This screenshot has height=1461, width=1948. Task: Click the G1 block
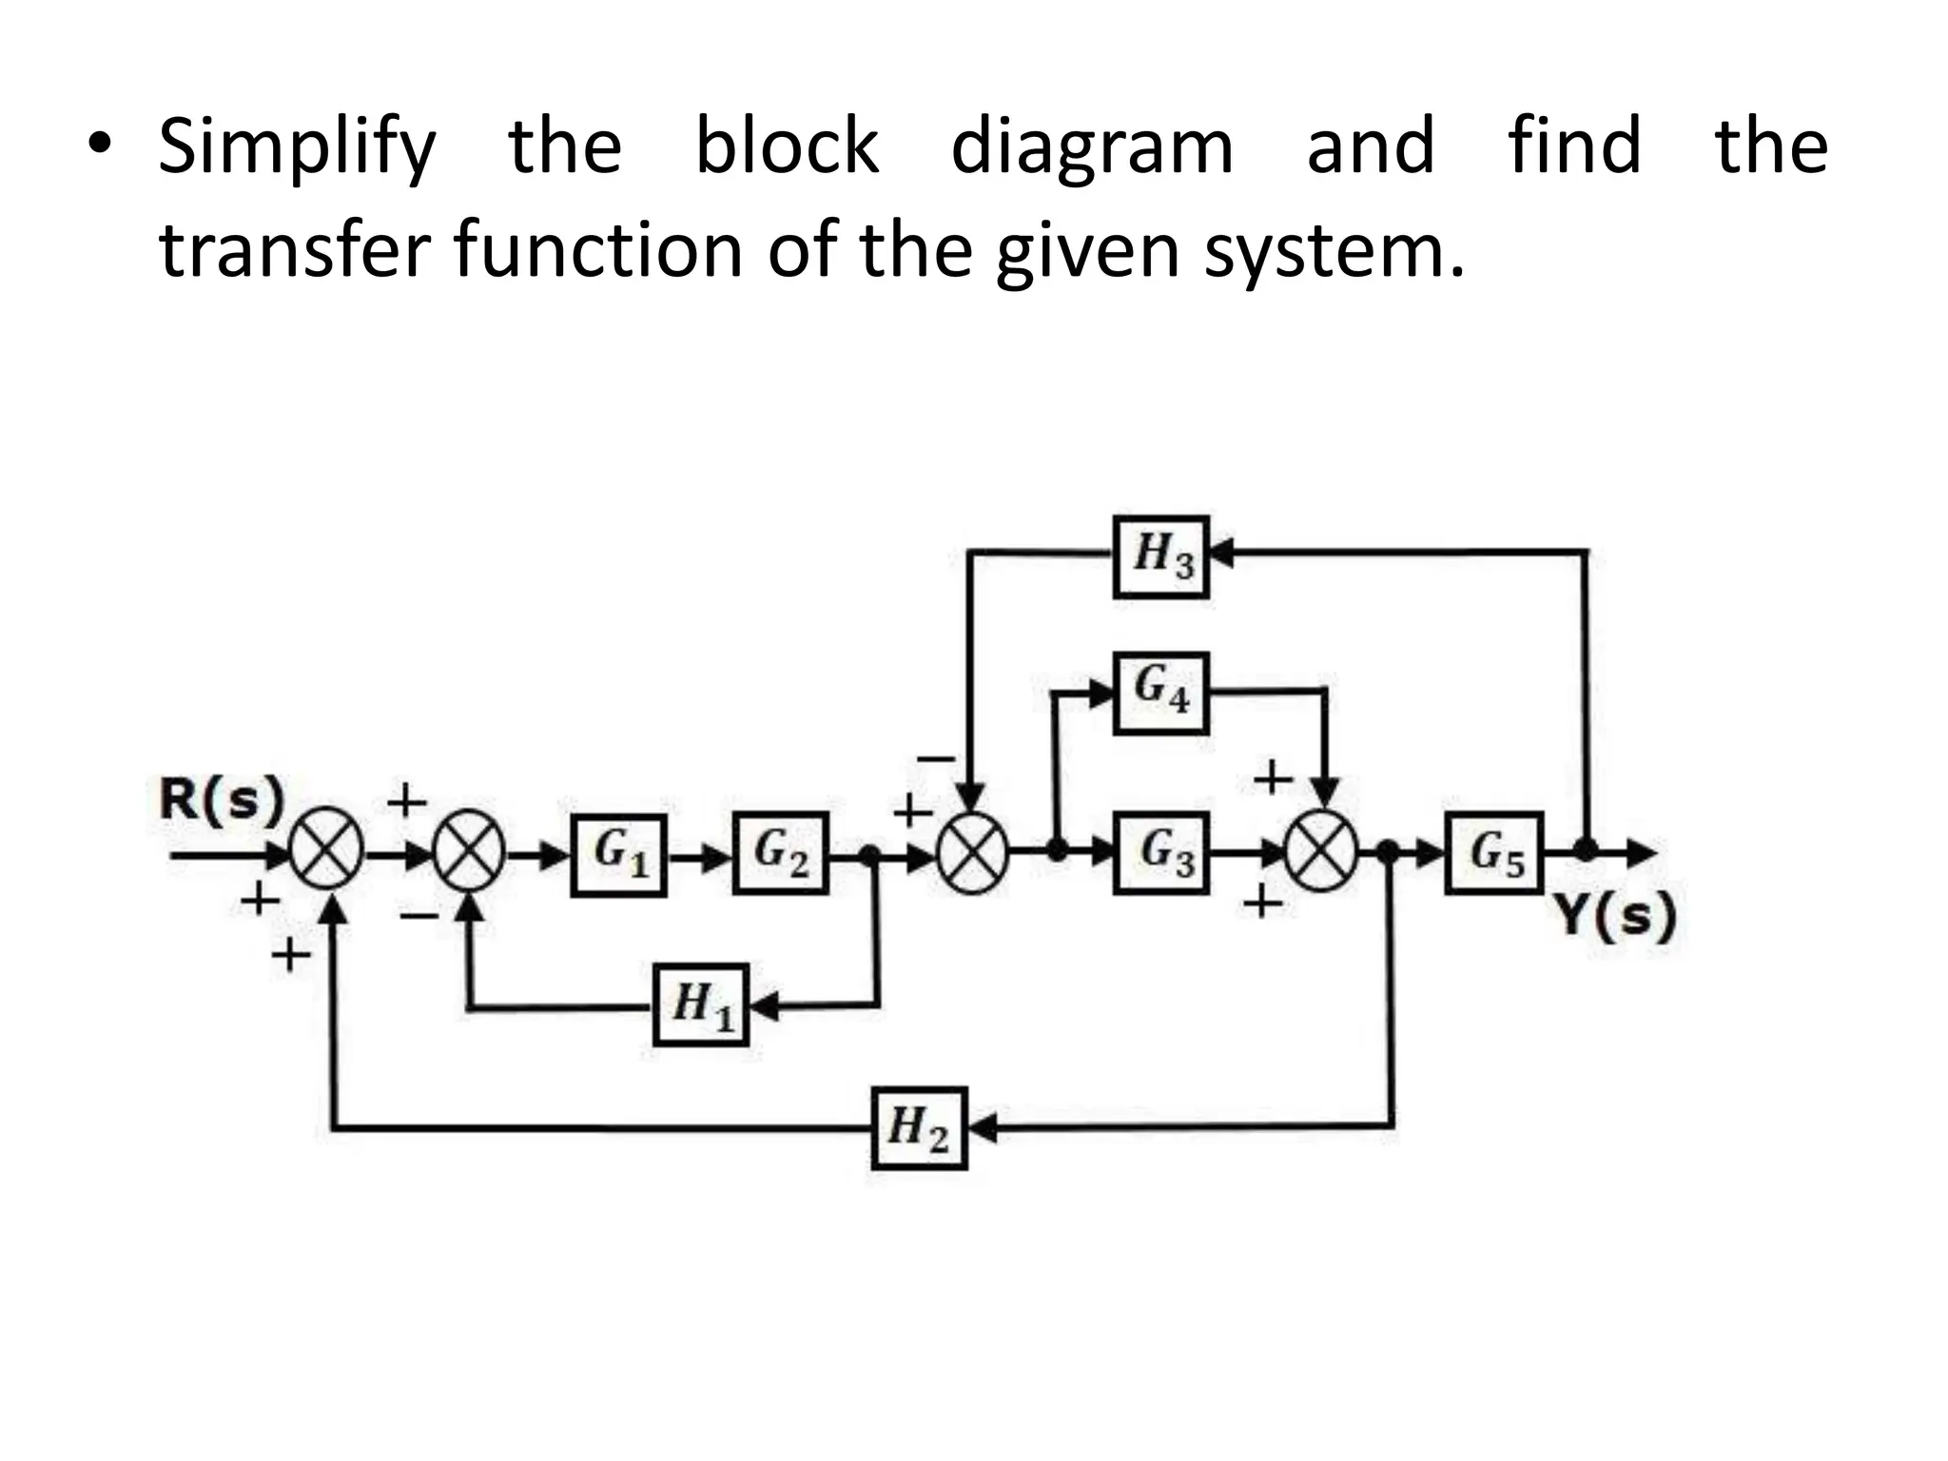[618, 854]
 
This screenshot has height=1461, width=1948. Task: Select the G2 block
[780, 853]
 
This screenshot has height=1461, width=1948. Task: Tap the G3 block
[1160, 853]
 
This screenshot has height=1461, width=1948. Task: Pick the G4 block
[1160, 692]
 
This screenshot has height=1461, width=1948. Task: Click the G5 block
[1493, 853]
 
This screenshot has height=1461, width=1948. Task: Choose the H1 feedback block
[701, 1004]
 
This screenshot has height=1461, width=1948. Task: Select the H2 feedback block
[919, 1128]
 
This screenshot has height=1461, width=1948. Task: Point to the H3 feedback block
[1160, 556]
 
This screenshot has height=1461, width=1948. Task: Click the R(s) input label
[222, 799]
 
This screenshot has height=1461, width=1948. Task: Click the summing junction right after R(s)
[326, 853]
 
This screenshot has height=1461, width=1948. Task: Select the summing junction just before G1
[469, 853]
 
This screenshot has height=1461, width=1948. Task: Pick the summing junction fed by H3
[972, 853]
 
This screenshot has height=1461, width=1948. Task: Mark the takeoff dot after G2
[868, 854]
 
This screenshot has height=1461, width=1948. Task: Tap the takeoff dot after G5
[1585, 849]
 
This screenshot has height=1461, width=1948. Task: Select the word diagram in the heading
[1092, 147]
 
